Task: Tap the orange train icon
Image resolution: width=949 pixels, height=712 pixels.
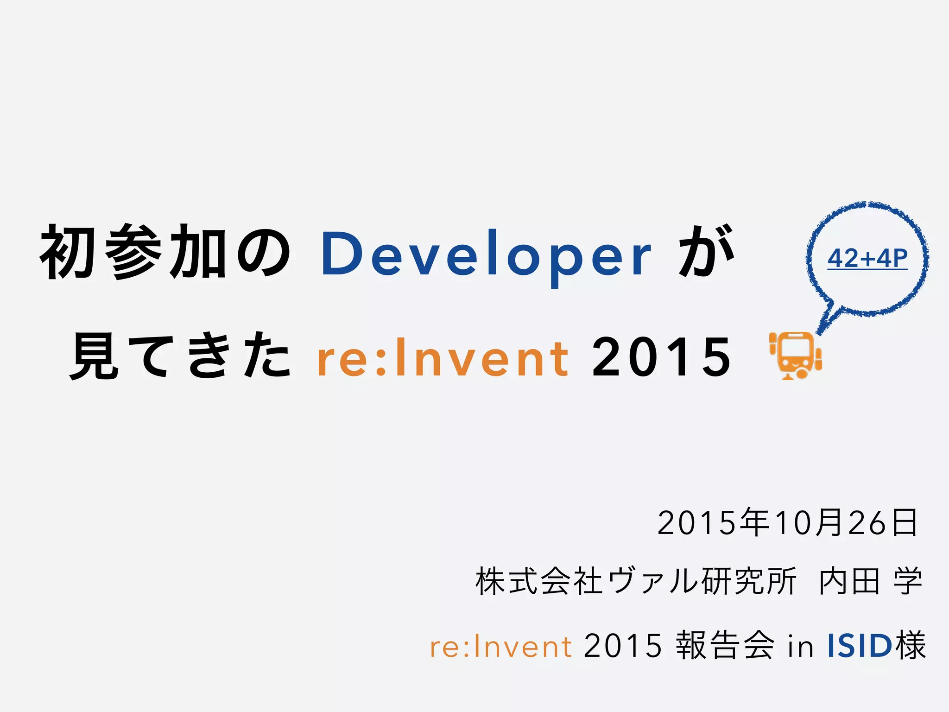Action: (x=795, y=355)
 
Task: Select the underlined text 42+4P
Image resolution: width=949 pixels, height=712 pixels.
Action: (x=867, y=259)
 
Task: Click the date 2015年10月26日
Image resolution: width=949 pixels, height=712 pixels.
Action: (x=787, y=523)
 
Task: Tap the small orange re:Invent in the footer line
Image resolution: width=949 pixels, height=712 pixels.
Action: (x=500, y=647)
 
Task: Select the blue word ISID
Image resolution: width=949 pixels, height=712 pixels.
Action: (x=860, y=646)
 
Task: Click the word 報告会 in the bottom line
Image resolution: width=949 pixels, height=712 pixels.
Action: (x=725, y=645)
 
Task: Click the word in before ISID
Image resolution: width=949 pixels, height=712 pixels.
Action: (x=800, y=646)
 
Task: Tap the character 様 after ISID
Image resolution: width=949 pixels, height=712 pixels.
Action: (x=911, y=645)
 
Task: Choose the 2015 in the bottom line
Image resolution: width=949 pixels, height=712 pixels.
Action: (x=622, y=646)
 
